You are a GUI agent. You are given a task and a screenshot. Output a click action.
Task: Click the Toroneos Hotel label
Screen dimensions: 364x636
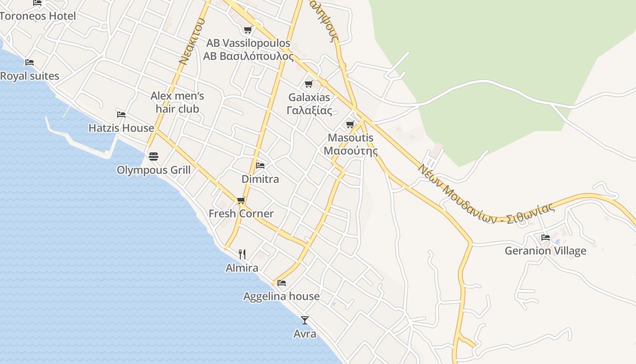[x=38, y=16]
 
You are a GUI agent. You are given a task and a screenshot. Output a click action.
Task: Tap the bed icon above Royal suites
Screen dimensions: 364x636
[x=30, y=62]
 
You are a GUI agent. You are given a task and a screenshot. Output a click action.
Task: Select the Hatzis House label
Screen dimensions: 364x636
[x=121, y=128]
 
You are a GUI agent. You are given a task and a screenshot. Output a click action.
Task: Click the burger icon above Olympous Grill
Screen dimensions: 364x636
[x=154, y=157]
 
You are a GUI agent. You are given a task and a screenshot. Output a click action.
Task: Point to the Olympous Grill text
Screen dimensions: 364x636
[x=154, y=170]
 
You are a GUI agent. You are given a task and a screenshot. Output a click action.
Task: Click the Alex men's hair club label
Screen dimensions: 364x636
[x=177, y=102]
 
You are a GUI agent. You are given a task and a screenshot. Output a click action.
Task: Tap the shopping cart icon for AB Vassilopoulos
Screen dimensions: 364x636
[x=248, y=30]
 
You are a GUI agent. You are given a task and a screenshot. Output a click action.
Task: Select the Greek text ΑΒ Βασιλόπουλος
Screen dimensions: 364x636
[x=248, y=56]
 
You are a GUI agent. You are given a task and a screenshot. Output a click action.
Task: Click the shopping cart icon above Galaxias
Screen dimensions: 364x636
[x=309, y=84]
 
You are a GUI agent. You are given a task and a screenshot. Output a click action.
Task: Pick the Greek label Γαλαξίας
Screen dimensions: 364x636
[x=309, y=110]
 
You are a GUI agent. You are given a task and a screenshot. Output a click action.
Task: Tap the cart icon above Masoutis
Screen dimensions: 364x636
[x=350, y=124]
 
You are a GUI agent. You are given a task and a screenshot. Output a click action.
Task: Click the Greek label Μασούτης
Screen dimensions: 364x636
[x=350, y=151]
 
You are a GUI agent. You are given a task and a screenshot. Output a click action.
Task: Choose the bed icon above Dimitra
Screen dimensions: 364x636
[x=260, y=165]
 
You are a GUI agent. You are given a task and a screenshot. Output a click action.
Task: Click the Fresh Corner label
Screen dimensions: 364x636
[x=241, y=213]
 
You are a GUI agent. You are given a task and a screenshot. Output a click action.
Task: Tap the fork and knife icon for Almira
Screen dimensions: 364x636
[x=242, y=254]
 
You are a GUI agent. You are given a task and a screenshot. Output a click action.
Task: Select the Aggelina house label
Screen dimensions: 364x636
[x=281, y=296]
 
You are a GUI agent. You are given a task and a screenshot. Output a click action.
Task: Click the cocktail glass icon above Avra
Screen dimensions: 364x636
[x=305, y=320]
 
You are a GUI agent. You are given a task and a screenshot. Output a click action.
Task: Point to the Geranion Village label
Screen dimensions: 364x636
[x=545, y=251]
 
